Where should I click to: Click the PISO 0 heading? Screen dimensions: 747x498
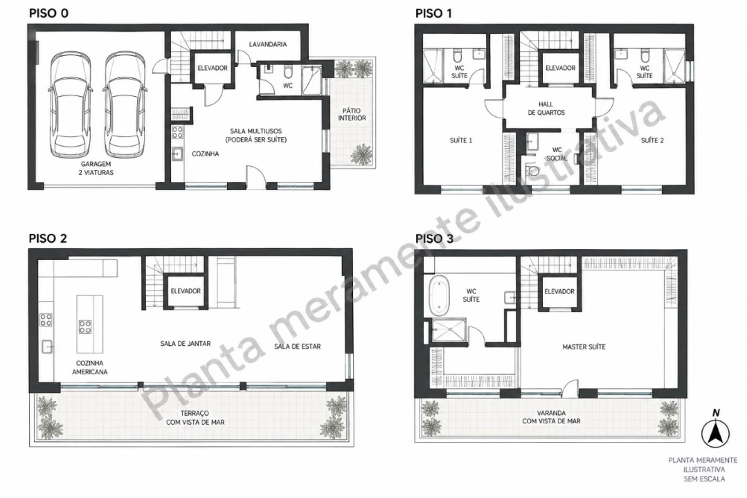48,13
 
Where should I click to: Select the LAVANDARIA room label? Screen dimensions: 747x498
268,44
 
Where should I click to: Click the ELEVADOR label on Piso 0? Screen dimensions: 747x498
213,68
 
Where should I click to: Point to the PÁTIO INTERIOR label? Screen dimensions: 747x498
352,114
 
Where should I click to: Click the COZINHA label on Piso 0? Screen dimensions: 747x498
206,154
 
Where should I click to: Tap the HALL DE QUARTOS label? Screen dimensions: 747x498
546,108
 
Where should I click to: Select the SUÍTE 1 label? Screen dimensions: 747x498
461,140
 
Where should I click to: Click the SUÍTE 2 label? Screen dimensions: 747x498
652,140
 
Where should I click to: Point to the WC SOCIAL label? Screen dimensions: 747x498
557,154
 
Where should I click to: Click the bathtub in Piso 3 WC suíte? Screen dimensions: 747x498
439,296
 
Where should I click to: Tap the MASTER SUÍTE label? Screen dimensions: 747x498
584,347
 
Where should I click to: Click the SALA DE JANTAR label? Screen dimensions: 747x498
186,343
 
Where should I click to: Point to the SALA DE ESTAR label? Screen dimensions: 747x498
297,347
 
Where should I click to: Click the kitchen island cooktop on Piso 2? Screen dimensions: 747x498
85,326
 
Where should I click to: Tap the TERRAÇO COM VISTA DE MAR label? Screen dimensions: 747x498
195,418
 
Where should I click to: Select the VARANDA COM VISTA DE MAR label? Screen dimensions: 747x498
551,417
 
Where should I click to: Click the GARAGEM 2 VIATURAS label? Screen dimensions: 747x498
96,168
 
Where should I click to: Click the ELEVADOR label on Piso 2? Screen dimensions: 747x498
186,291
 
